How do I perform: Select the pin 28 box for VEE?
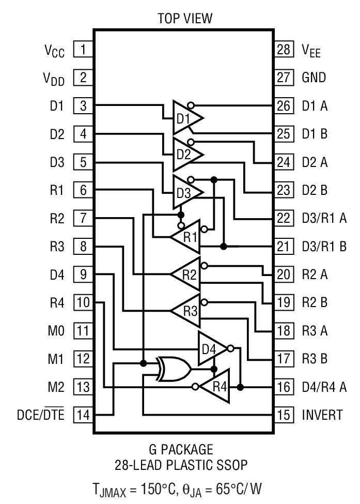point(284,50)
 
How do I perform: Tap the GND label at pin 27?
point(314,78)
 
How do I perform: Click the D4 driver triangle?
point(211,347)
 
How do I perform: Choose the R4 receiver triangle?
point(213,386)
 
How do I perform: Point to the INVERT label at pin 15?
point(322,415)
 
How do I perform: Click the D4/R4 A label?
point(324,387)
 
